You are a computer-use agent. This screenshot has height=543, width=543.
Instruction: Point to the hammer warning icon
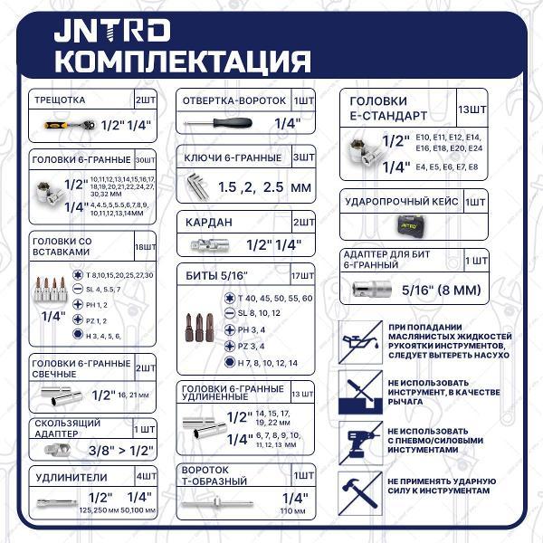click(x=356, y=491)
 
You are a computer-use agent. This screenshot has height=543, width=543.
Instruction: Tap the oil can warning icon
click(x=356, y=342)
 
